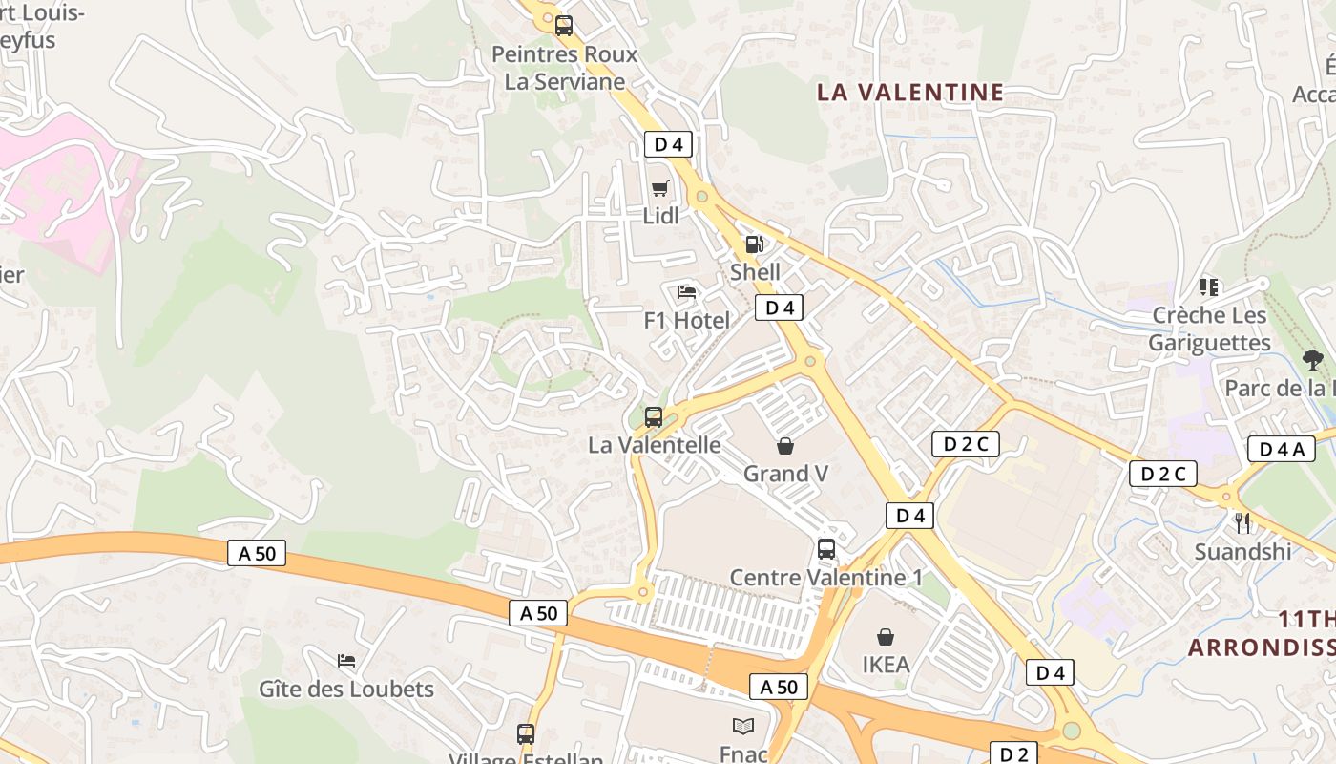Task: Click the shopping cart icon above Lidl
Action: pos(659,188)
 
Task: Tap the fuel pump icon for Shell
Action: pos(754,244)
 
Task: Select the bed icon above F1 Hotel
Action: pos(686,292)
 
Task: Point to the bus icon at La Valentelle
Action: pos(654,417)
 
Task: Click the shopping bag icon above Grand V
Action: pos(785,446)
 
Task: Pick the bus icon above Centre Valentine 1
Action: pos(826,549)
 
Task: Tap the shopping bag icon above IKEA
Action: pos(886,637)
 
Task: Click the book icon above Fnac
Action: pos(743,727)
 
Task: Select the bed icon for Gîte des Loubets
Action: pos(346,661)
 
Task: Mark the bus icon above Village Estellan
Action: pos(526,734)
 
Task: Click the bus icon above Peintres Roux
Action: pos(564,26)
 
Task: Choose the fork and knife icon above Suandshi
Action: pos(1242,523)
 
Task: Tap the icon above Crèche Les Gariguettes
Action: pos(1209,286)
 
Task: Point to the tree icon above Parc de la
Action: pos(1313,360)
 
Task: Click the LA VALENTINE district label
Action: pos(910,93)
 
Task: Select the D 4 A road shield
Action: pos(1281,449)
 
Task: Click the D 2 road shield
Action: pos(1013,753)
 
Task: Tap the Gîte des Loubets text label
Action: pos(346,689)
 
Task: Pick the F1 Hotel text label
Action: pos(686,320)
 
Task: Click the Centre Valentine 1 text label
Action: pos(826,578)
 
